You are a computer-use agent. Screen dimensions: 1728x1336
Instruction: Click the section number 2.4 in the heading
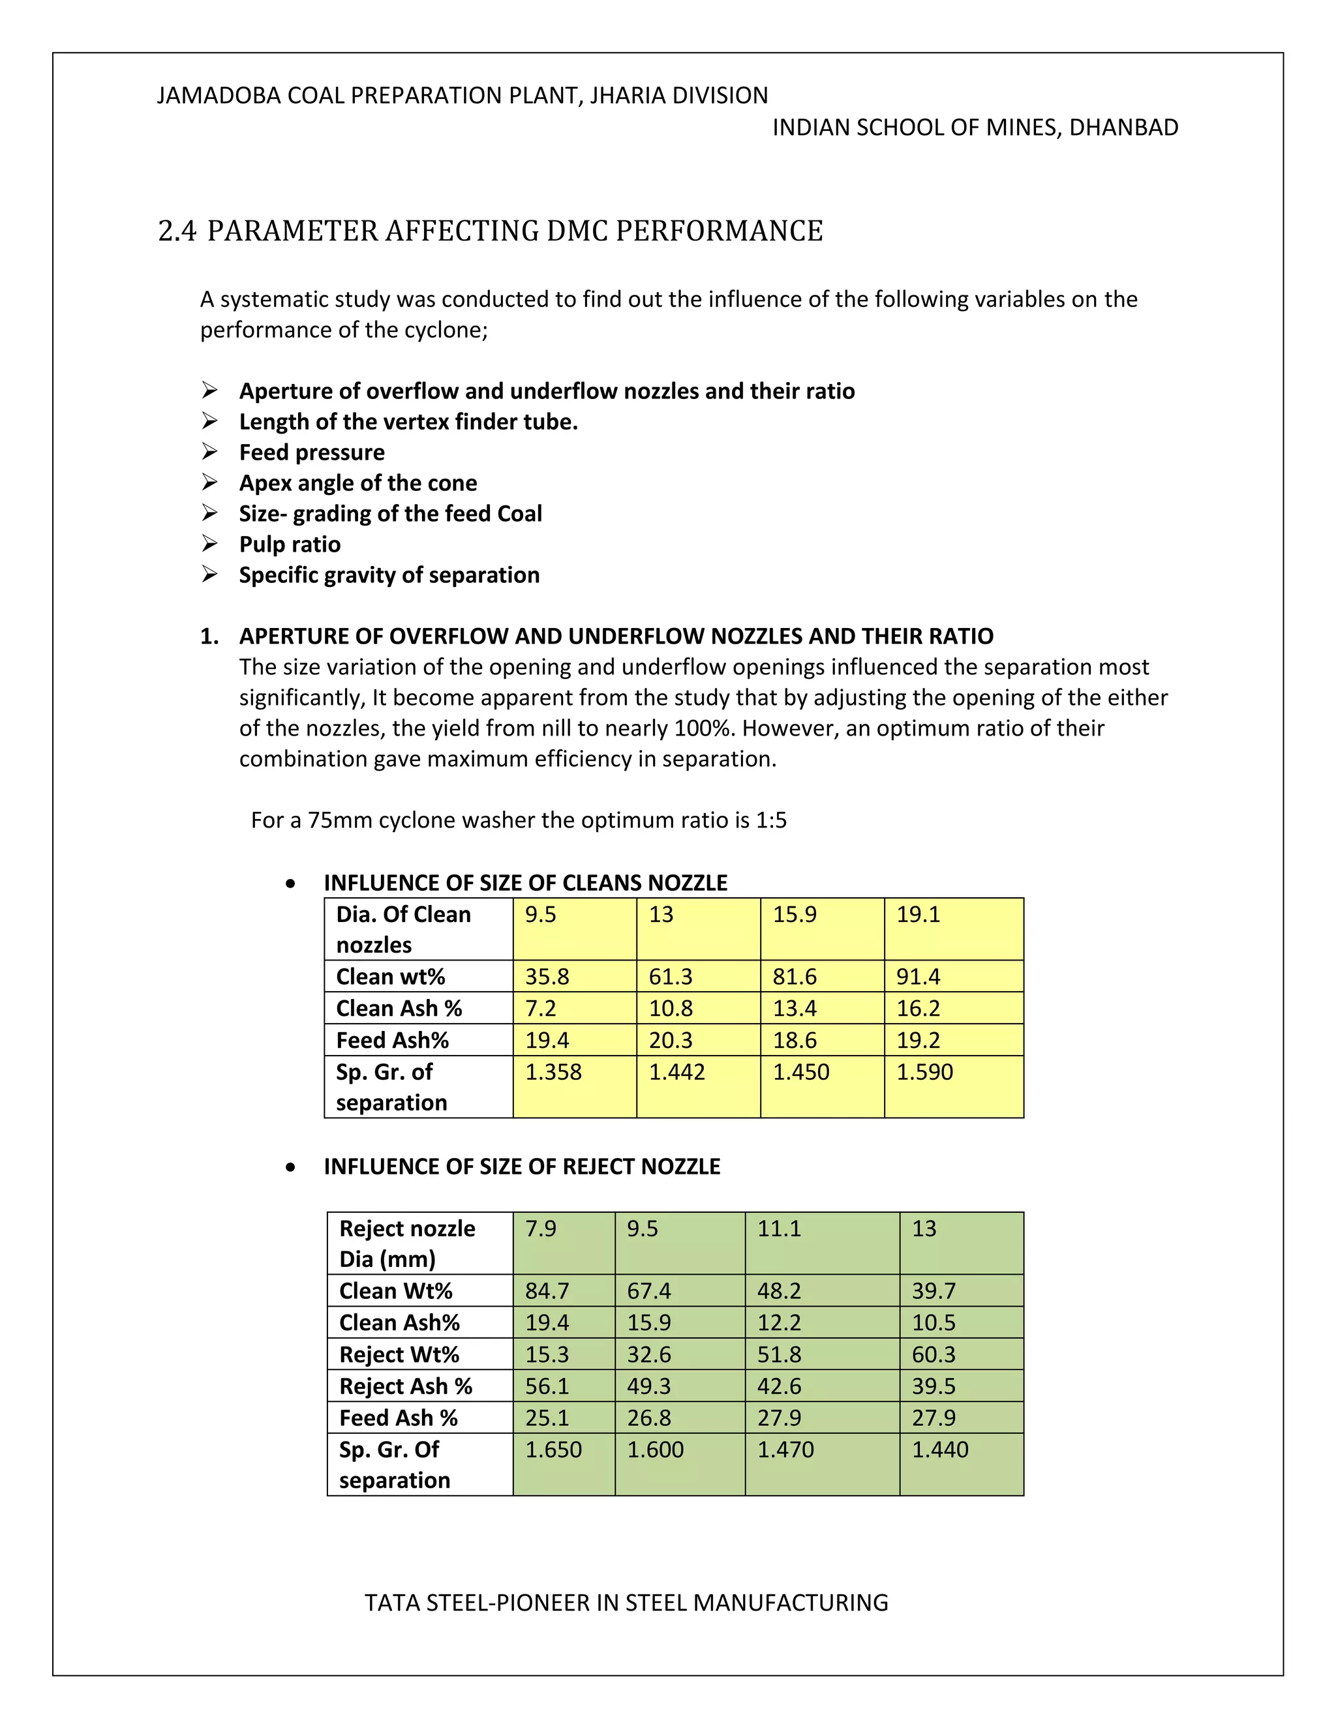tap(177, 231)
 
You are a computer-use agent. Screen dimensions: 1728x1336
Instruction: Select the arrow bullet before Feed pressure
tap(210, 452)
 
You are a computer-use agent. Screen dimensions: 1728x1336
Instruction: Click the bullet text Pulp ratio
tap(290, 544)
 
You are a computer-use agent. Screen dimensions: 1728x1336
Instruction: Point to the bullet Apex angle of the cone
tap(357, 483)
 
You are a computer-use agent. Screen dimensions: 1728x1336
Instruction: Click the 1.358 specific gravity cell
tap(553, 1072)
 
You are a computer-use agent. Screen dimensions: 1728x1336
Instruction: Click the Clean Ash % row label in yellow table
tap(399, 1008)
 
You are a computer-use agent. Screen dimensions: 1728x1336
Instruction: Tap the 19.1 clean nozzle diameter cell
tap(918, 915)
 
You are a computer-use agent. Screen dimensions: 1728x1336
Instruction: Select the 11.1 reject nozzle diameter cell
tap(779, 1229)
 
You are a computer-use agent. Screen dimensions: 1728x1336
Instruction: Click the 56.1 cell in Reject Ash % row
tap(547, 1386)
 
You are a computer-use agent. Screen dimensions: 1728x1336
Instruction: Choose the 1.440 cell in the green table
tap(939, 1450)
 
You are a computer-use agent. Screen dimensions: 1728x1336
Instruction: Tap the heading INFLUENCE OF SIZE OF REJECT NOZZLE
tap(522, 1167)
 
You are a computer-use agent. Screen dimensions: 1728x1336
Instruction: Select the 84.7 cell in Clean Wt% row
tap(547, 1291)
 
